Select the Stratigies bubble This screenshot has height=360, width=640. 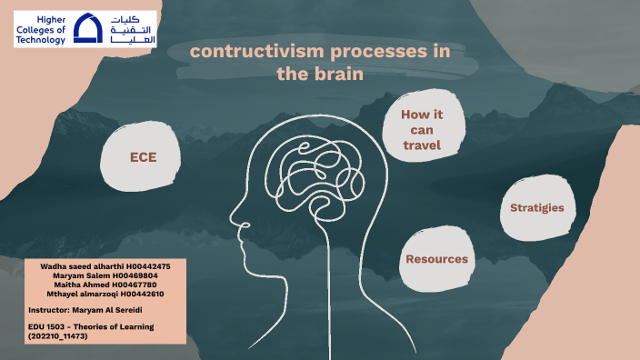[x=535, y=208]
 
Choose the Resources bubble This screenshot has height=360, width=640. [x=436, y=259]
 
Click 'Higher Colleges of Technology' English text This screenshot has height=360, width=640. [x=39, y=29]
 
